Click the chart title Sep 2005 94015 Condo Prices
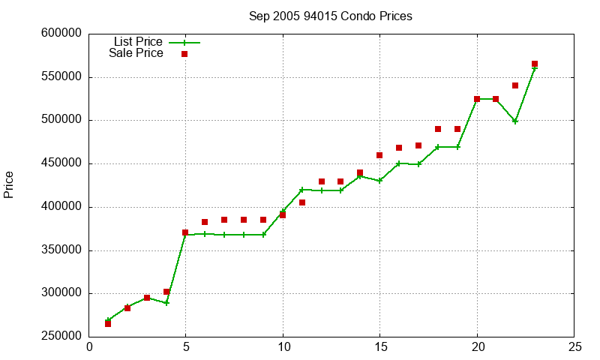click(330, 16)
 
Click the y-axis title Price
click(9, 184)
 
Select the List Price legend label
click(138, 42)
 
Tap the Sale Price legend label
click(136, 53)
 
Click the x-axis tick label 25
click(574, 347)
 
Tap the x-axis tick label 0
click(89, 347)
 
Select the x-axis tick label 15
click(379, 347)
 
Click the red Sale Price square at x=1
click(108, 323)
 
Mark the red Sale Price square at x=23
click(535, 64)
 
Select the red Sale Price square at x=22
click(515, 85)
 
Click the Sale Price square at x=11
click(302, 202)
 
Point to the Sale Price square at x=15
click(379, 155)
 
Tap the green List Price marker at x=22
click(515, 121)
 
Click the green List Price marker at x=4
click(166, 303)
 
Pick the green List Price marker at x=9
click(263, 235)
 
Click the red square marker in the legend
click(184, 54)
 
